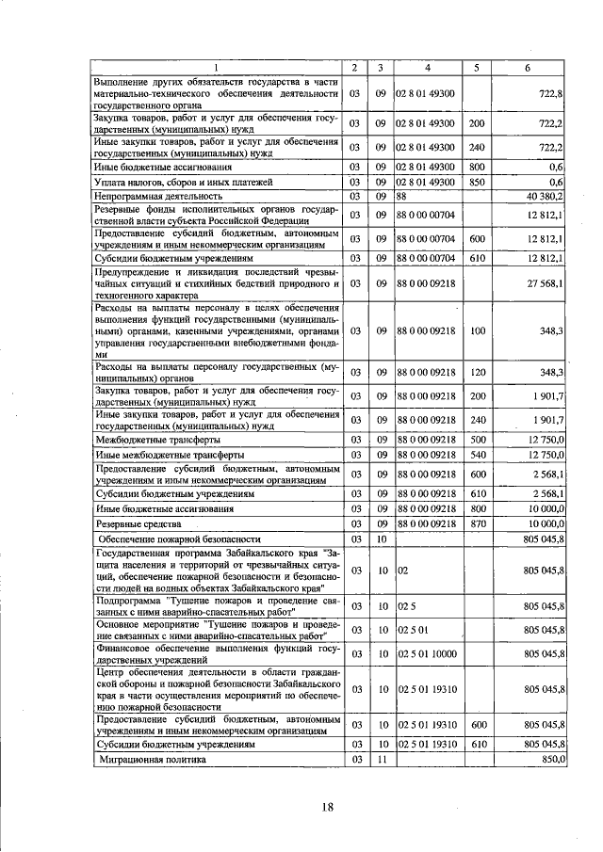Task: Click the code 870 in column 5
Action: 477,522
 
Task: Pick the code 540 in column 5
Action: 477,455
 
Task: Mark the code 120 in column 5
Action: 477,372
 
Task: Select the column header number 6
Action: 527,67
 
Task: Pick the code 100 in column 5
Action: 477,330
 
